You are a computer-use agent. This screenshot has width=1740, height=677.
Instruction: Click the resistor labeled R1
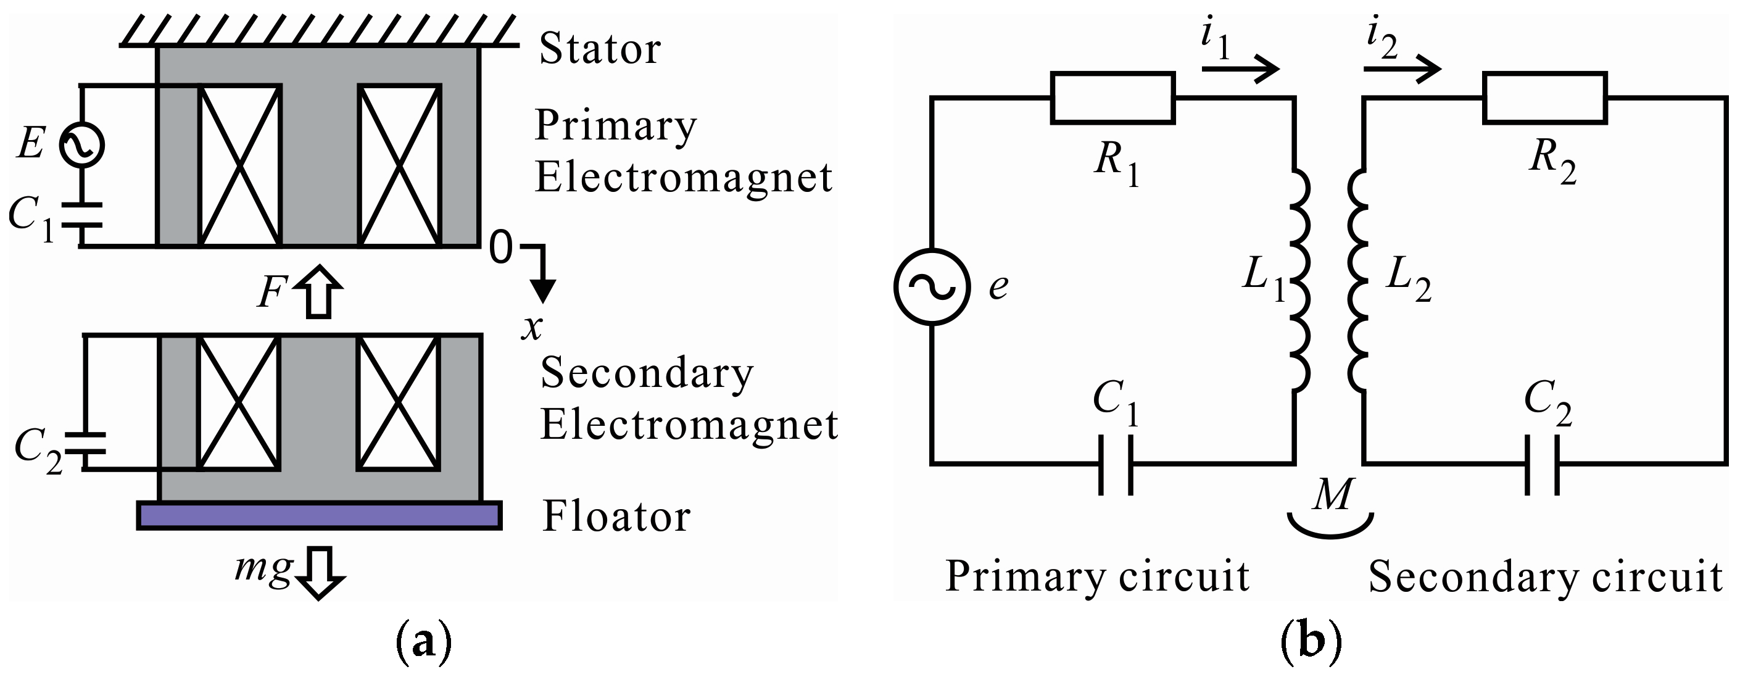[x=1112, y=99]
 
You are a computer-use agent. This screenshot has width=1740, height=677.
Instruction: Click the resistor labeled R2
[x=1544, y=99]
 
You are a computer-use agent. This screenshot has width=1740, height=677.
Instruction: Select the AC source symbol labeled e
[x=932, y=287]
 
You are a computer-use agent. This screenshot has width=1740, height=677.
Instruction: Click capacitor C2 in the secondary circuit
[x=1542, y=465]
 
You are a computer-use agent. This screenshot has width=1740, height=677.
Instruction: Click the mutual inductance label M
[x=1332, y=494]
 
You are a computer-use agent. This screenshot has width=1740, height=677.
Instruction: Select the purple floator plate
[x=319, y=515]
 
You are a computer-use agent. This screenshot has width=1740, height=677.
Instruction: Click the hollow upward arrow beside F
[x=319, y=291]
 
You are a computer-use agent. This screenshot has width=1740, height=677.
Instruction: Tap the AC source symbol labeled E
[x=81, y=144]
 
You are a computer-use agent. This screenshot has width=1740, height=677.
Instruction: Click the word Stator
[x=599, y=49]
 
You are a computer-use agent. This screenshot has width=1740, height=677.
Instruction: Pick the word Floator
[x=616, y=517]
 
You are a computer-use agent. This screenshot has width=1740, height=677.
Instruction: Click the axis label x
[x=532, y=328]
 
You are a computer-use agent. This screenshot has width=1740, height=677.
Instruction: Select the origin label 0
[x=500, y=247]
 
